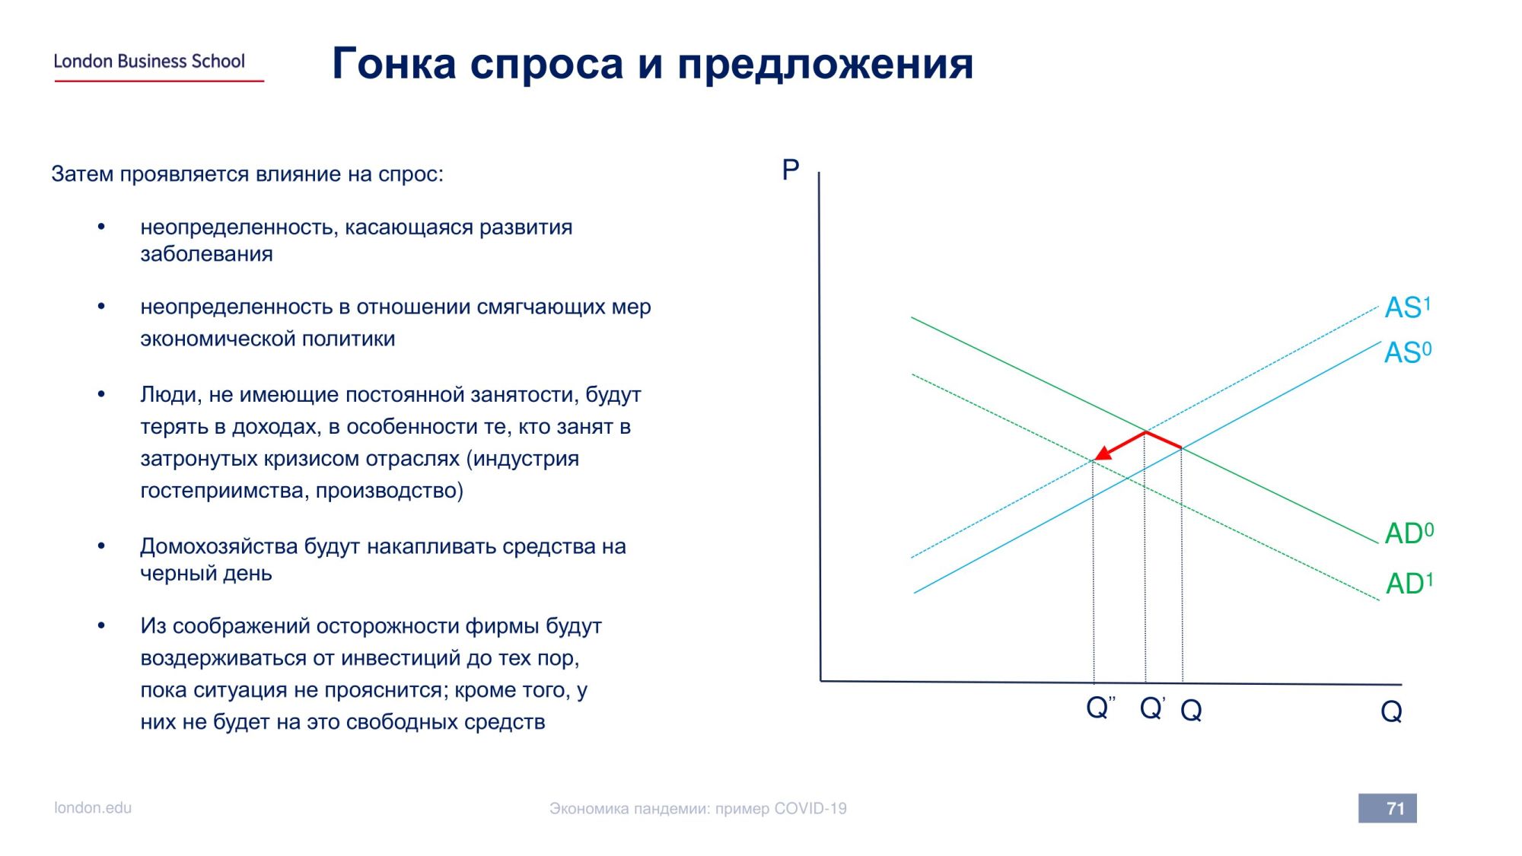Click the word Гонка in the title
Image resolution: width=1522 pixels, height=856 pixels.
coord(394,63)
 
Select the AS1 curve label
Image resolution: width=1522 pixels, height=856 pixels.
coord(1408,307)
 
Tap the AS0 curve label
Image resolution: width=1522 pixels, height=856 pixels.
coord(1408,352)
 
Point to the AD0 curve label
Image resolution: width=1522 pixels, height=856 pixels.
coord(1409,533)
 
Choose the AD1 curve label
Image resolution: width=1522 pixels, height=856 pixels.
coord(1409,583)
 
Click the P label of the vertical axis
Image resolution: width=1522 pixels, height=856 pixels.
coord(791,169)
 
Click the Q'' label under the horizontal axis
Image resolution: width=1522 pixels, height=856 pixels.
coord(1100,708)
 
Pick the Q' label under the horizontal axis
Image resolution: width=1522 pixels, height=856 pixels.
coord(1152,708)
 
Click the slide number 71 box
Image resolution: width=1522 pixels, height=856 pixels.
coord(1387,808)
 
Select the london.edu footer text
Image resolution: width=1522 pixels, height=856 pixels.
coord(93,807)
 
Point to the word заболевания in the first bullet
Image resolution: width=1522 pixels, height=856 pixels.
coord(206,253)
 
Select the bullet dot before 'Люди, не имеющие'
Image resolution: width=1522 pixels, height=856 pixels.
coord(101,394)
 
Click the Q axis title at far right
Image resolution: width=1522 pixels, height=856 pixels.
coord(1391,711)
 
